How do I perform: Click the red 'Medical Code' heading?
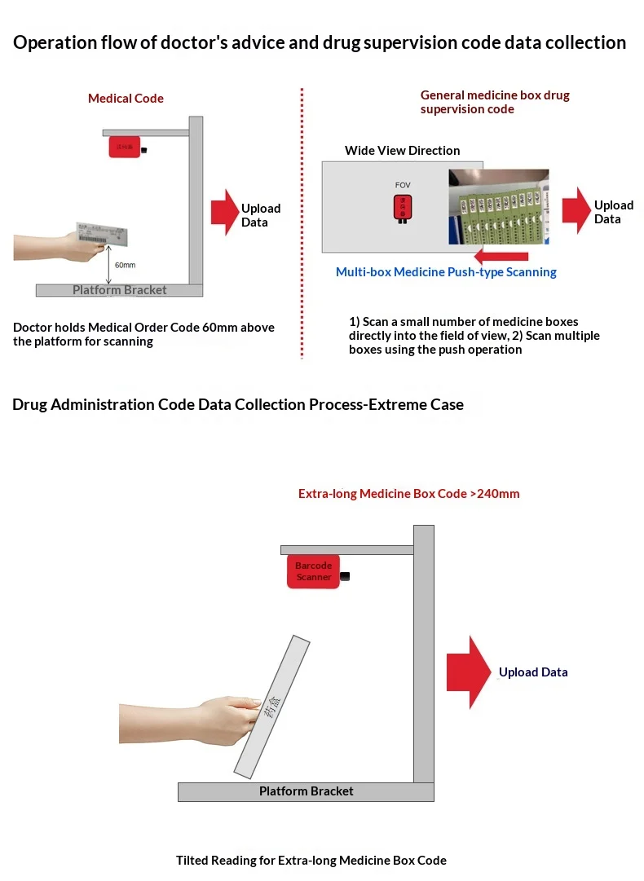point(126,99)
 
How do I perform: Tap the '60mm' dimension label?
point(125,266)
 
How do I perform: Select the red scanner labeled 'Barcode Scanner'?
point(313,571)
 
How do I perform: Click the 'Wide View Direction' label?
point(402,151)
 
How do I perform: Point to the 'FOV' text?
point(403,185)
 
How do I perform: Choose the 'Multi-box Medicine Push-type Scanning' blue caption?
point(446,272)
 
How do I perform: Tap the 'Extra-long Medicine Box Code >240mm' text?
point(408,494)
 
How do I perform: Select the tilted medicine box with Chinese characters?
point(272,706)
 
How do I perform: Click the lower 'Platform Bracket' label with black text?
point(307,791)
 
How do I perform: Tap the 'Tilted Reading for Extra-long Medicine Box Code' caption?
point(311,860)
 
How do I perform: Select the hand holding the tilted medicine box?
point(196,716)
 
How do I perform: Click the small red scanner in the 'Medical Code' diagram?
point(126,148)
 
